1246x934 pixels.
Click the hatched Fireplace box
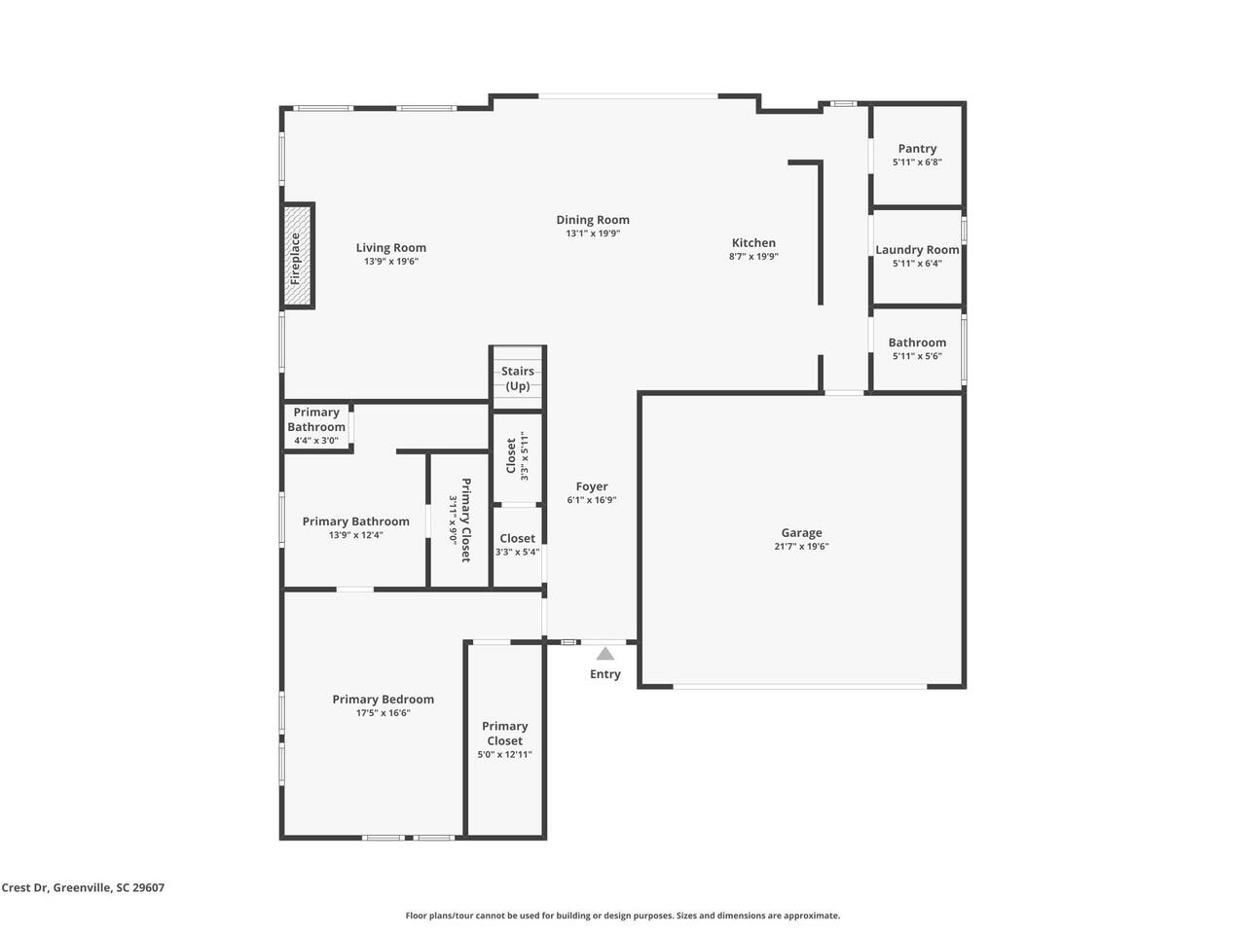298,255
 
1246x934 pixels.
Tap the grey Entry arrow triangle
605,654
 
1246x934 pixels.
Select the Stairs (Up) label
517,378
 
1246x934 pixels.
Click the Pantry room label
917,149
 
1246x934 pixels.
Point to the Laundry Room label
917,249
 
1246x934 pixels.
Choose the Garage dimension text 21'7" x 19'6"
801,547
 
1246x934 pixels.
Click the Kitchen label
753,242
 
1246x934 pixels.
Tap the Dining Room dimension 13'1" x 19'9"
593,233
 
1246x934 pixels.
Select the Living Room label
390,248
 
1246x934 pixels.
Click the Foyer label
592,486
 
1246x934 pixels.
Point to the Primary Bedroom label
384,700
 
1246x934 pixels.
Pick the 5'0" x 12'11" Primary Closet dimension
504,755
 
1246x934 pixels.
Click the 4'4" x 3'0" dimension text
316,441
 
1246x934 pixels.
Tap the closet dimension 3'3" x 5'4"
517,553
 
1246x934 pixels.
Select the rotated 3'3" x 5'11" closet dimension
525,456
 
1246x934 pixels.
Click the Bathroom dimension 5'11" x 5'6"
917,357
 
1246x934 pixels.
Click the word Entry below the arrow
605,674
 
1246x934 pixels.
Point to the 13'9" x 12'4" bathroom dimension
356,535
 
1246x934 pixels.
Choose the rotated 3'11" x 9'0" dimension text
453,520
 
